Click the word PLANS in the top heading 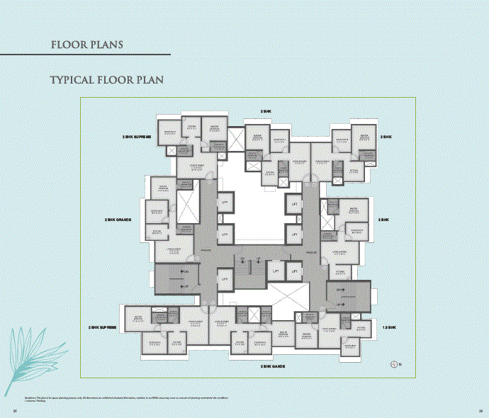pyautogui.click(x=106, y=45)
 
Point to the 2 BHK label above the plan pyautogui.click(x=266, y=112)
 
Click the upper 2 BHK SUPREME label pyautogui.click(x=137, y=136)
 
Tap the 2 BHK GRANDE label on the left pyautogui.click(x=119, y=220)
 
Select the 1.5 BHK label pyautogui.click(x=388, y=327)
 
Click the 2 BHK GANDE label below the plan pyautogui.click(x=272, y=366)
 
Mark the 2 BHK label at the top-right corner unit pyautogui.click(x=386, y=136)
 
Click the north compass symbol pyautogui.click(x=395, y=363)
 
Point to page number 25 pyautogui.click(x=14, y=410)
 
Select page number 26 pyautogui.click(x=480, y=410)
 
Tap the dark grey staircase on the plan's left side pyautogui.click(x=177, y=278)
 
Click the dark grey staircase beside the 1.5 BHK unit pyautogui.click(x=347, y=296)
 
